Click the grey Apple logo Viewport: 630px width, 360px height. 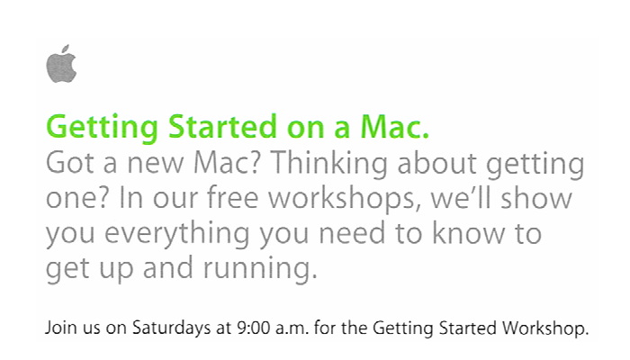tap(61, 64)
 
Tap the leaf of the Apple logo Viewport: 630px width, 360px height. tap(66, 49)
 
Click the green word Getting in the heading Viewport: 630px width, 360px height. tap(102, 128)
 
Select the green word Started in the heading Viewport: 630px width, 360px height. tap(222, 127)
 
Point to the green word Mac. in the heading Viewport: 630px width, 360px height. tap(394, 127)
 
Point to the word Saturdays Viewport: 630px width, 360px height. tap(172, 328)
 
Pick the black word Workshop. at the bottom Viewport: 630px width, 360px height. tap(545, 328)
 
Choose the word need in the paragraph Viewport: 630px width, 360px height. tap(353, 232)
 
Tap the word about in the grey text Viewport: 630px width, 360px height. tap(436, 163)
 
